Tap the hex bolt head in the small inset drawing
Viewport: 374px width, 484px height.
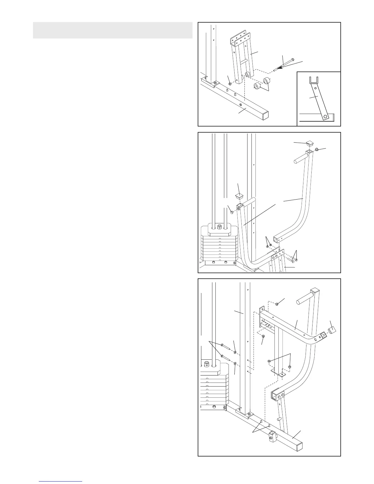(326, 116)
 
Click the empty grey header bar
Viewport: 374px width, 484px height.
(112, 30)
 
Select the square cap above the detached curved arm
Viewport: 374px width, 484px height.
(309, 143)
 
